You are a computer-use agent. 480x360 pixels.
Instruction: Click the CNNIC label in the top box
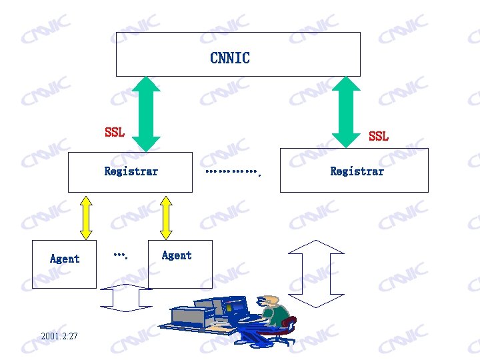click(x=230, y=58)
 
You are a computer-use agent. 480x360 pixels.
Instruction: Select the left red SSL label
click(x=115, y=132)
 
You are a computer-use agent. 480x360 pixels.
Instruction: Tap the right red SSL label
click(x=378, y=136)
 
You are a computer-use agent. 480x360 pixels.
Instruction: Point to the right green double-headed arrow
click(x=346, y=111)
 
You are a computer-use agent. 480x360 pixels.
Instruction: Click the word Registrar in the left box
click(x=131, y=171)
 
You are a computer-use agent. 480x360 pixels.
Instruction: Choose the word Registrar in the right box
click(x=357, y=171)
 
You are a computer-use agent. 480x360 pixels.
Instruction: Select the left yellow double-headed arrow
click(x=86, y=217)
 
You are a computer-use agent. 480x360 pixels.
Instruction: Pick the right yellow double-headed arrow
click(x=166, y=217)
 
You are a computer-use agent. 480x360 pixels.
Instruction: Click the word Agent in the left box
click(x=65, y=259)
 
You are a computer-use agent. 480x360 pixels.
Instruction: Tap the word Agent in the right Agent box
click(x=177, y=255)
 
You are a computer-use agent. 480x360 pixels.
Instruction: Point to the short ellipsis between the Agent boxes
click(x=120, y=255)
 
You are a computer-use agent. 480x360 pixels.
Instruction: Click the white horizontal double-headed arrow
click(x=127, y=298)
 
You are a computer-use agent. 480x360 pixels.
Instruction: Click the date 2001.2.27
click(x=59, y=336)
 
